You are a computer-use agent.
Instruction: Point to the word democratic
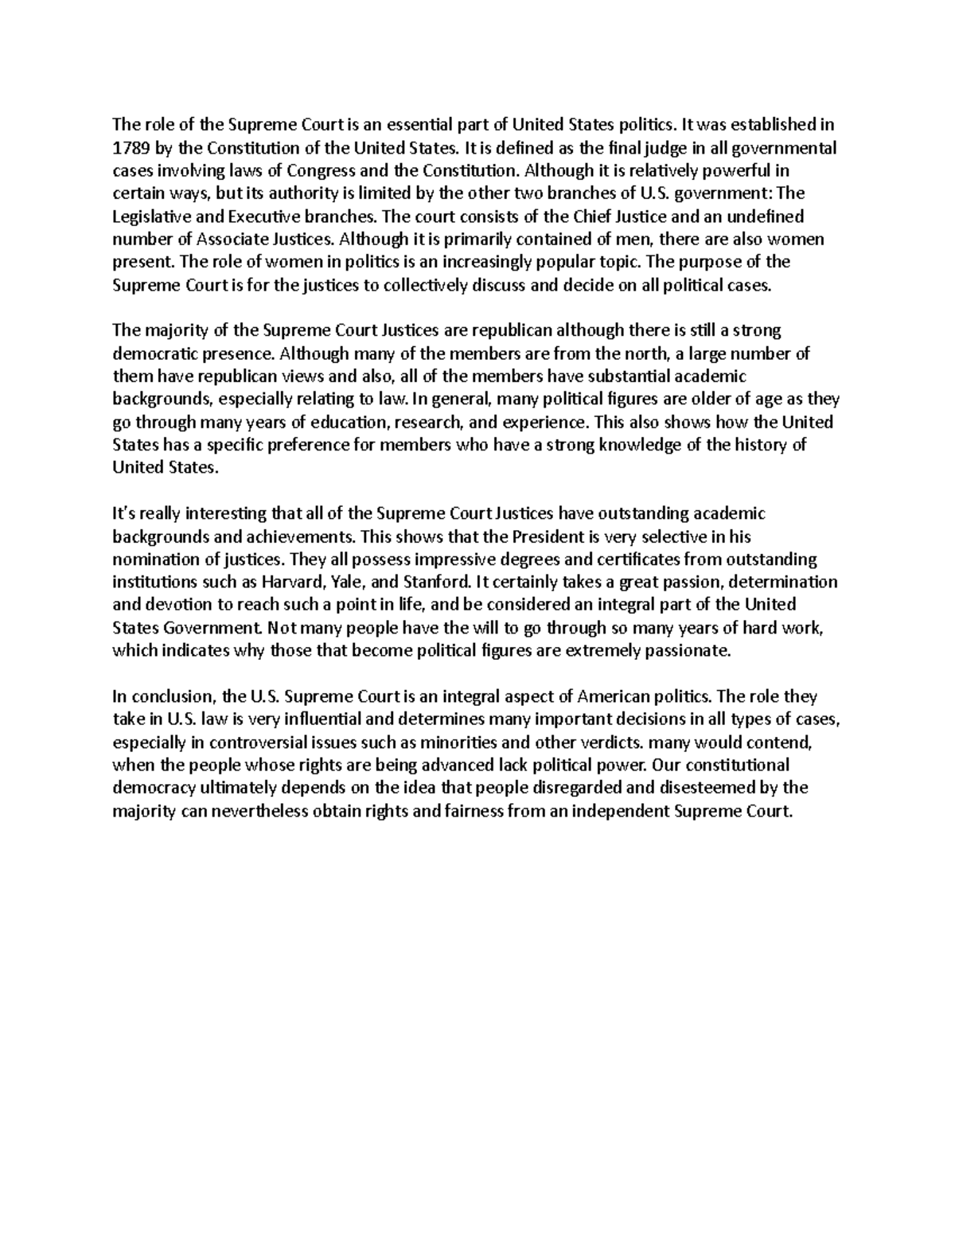click(154, 353)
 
